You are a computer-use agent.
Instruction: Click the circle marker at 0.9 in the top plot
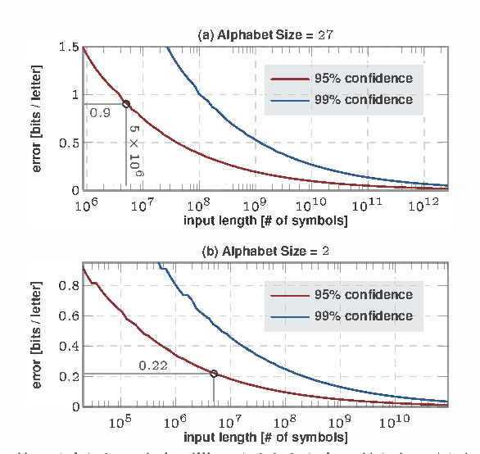coord(126,104)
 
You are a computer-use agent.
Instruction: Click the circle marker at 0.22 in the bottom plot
coord(215,374)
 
